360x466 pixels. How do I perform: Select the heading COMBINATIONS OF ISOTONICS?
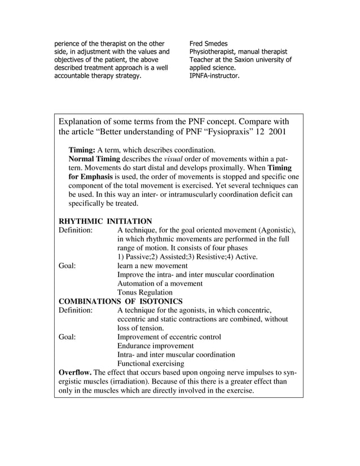[120, 301]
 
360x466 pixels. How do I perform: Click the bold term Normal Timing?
[95, 159]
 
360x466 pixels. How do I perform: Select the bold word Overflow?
[75, 372]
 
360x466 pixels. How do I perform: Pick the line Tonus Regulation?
[144, 292]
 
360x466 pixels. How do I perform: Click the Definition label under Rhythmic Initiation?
[77, 230]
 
